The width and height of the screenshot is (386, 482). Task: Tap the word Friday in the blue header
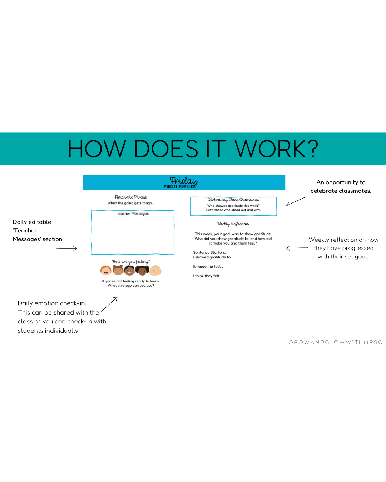pyautogui.click(x=184, y=181)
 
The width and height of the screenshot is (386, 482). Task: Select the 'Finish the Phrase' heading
pyautogui.click(x=131, y=197)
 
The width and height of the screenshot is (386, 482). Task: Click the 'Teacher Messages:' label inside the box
pyautogui.click(x=133, y=214)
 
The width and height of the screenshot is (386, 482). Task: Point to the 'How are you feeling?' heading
pyautogui.click(x=131, y=262)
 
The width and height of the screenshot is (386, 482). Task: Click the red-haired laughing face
pyautogui.click(x=106, y=271)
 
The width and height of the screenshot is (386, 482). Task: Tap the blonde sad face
pyautogui.click(x=155, y=271)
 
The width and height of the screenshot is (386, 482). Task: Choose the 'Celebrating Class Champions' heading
pyautogui.click(x=233, y=200)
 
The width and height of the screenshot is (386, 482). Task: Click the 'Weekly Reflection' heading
pyautogui.click(x=233, y=224)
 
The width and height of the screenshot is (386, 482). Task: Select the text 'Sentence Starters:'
pyautogui.click(x=209, y=252)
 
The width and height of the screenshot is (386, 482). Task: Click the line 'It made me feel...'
pyautogui.click(x=208, y=267)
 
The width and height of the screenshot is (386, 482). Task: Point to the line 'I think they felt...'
pyautogui.click(x=208, y=276)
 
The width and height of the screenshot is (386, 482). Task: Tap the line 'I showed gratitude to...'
pyautogui.click(x=213, y=257)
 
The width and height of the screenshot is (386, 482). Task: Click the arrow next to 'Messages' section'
pyautogui.click(x=67, y=248)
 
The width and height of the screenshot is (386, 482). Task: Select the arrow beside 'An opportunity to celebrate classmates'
pyautogui.click(x=296, y=202)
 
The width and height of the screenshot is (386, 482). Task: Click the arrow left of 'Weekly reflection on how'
pyautogui.click(x=297, y=248)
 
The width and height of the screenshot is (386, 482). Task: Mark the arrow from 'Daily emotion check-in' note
pyautogui.click(x=109, y=304)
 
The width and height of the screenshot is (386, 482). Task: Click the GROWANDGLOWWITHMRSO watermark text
pyautogui.click(x=336, y=342)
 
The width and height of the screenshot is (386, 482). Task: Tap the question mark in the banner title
pyautogui.click(x=313, y=149)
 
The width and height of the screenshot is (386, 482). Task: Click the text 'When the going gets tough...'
pyautogui.click(x=131, y=203)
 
